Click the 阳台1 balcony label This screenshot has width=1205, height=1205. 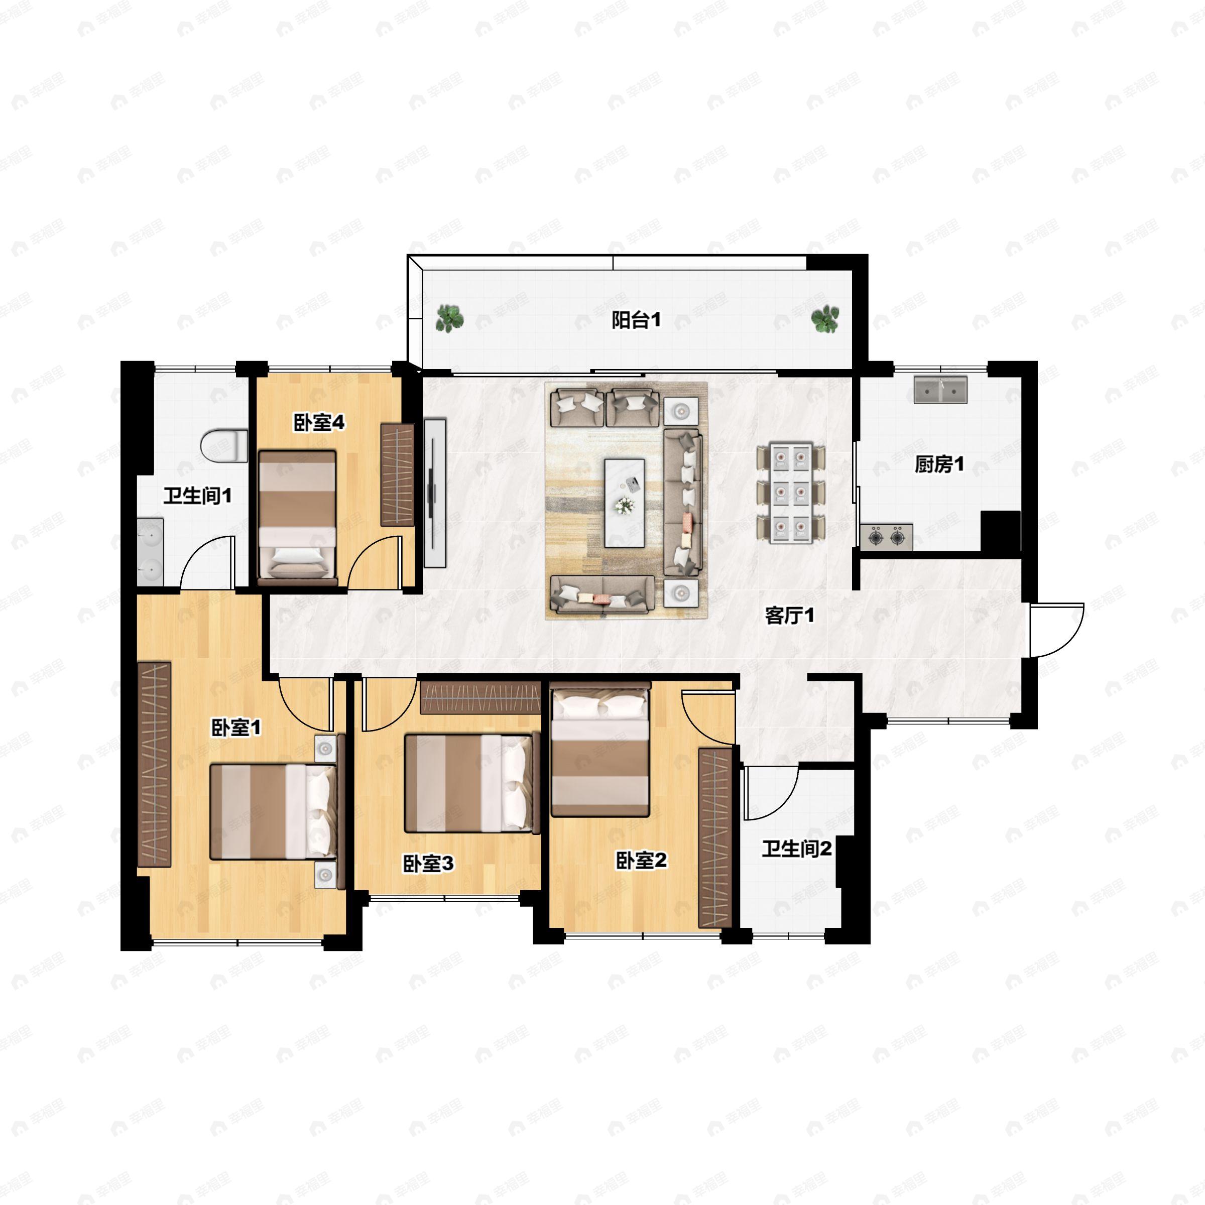635,321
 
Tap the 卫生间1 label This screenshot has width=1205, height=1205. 197,496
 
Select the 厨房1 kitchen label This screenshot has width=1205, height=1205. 939,464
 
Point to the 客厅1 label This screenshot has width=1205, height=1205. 790,616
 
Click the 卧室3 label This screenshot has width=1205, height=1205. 428,863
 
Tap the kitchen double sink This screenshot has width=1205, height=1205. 940,390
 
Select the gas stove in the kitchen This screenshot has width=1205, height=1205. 886,537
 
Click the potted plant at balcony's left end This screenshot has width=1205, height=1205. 448,318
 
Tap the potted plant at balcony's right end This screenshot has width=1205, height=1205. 825,319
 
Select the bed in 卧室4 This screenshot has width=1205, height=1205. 298,517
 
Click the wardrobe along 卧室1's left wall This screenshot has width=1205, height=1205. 154,764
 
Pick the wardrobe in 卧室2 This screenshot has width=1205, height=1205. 715,837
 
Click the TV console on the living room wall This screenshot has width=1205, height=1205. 435,493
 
